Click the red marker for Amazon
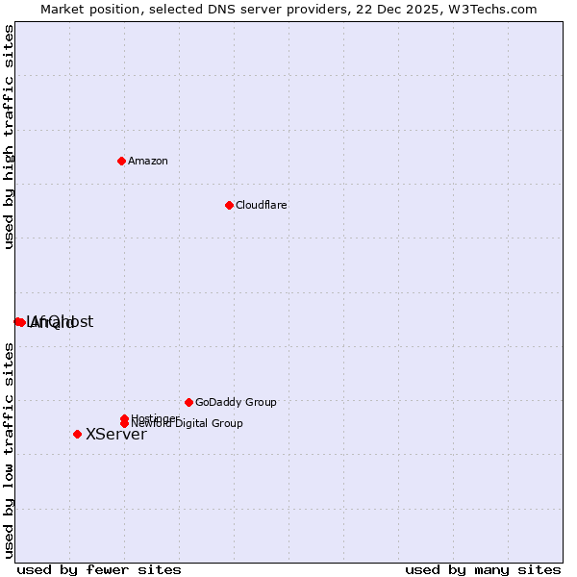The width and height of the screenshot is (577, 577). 121,161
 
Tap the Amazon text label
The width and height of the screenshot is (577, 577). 148,161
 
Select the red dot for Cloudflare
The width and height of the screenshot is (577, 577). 229,205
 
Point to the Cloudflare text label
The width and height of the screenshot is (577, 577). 262,205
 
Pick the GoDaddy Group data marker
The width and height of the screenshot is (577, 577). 188,402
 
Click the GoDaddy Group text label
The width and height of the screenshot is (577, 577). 236,402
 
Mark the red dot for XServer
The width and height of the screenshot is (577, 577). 77,434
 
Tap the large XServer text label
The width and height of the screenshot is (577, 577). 116,434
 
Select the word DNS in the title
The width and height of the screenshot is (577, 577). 231,9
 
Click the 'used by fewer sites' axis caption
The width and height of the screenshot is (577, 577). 99,569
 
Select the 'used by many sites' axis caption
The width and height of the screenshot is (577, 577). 483,569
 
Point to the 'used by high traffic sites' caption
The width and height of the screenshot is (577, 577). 9,137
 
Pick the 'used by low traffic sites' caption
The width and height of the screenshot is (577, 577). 9,450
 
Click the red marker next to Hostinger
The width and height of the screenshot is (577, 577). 124,418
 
